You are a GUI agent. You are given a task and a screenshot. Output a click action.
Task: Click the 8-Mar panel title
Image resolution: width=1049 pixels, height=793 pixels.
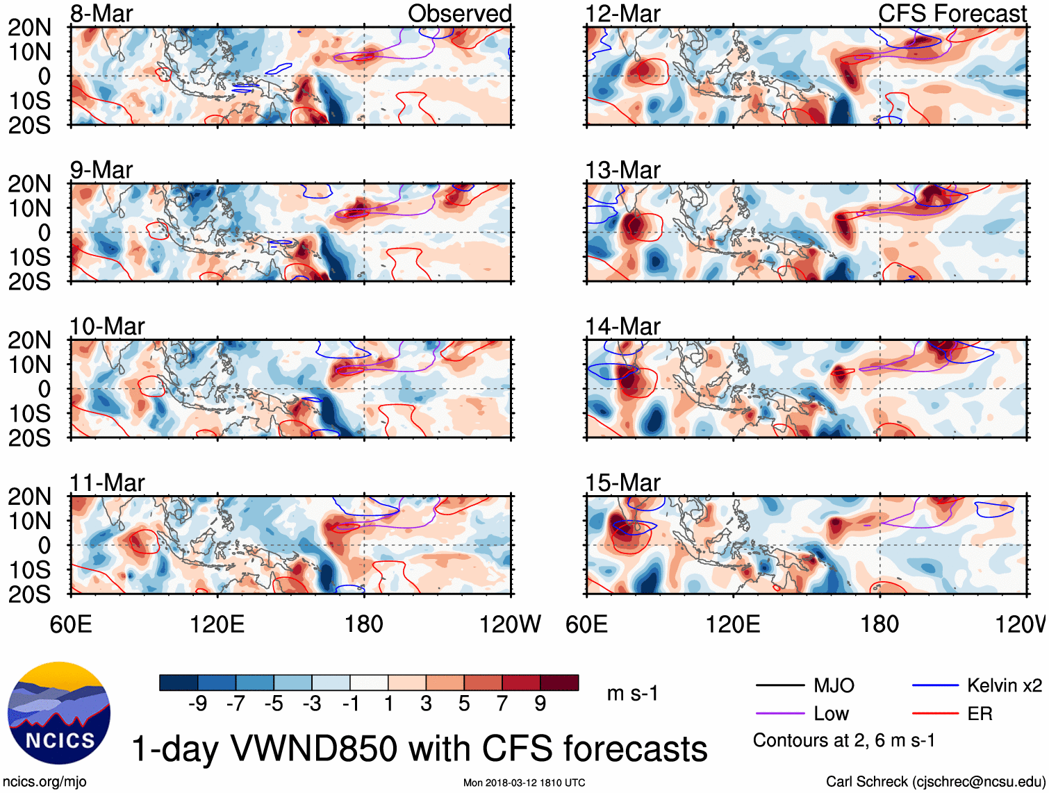tap(101, 13)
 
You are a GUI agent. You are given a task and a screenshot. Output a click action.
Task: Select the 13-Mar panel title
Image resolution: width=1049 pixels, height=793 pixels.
tap(622, 169)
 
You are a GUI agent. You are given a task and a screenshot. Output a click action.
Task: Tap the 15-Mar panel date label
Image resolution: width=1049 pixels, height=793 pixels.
tap(622, 482)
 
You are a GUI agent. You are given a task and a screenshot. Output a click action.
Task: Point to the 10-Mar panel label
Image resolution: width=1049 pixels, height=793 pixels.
tap(107, 326)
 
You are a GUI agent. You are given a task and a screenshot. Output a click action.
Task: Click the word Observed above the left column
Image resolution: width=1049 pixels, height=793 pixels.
tap(459, 13)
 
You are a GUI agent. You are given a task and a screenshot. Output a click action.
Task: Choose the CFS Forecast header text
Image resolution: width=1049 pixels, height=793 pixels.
tap(952, 13)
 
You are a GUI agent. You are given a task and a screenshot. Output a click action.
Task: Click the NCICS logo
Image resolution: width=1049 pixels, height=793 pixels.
tap(59, 713)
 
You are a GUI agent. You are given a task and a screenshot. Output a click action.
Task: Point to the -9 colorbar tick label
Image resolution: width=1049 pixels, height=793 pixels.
tap(197, 703)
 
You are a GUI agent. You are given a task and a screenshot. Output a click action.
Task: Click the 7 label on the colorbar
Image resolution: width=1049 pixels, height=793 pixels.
tap(502, 703)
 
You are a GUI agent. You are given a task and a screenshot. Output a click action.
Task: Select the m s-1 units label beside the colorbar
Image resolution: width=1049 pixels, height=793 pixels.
tap(632, 693)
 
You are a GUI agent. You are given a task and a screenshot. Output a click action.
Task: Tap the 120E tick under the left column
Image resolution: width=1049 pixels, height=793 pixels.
tap(217, 624)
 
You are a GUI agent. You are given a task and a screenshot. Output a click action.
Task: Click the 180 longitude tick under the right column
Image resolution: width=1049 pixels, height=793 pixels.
tap(879, 624)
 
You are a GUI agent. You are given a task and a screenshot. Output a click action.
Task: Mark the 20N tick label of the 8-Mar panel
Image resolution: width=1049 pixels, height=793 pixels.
tap(30, 27)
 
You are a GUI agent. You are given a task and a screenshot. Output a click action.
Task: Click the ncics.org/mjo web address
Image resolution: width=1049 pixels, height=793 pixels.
tap(45, 781)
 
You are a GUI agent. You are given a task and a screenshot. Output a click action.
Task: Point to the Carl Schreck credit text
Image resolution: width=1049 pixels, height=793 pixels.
tap(935, 781)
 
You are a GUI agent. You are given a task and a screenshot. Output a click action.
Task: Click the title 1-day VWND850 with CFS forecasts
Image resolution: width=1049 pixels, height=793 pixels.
tap(420, 749)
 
